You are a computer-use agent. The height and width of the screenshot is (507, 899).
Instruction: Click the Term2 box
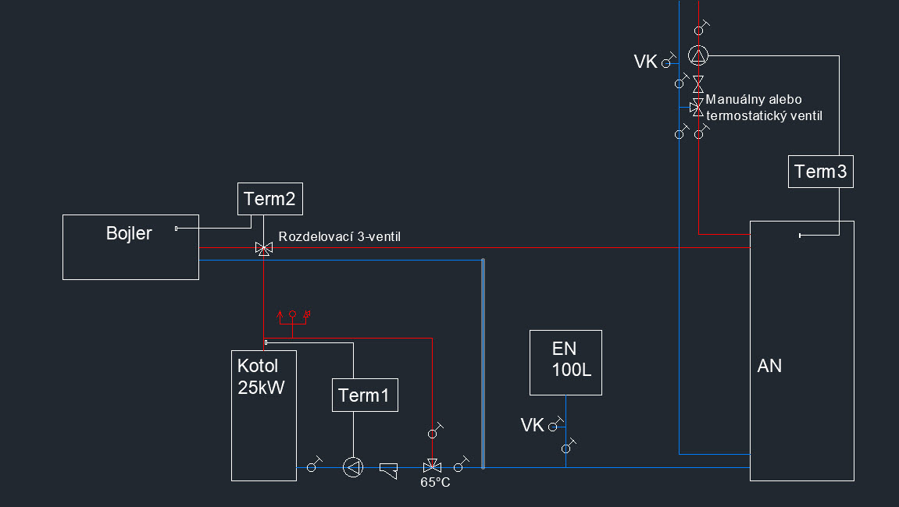(x=269, y=199)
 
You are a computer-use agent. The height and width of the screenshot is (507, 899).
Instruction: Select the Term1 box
(x=365, y=395)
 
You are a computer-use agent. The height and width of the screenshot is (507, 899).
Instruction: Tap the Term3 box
(x=820, y=172)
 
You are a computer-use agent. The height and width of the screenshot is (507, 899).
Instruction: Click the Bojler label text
(x=129, y=232)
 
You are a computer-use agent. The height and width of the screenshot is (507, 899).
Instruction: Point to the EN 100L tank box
(x=565, y=363)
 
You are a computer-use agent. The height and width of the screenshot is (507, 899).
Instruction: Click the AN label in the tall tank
(x=769, y=366)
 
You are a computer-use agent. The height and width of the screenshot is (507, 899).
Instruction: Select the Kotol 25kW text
(x=259, y=376)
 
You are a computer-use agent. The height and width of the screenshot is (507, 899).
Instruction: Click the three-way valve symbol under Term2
(x=264, y=249)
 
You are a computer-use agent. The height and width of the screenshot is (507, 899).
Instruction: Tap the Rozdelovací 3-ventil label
(x=339, y=236)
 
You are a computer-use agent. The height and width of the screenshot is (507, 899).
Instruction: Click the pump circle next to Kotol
(x=353, y=467)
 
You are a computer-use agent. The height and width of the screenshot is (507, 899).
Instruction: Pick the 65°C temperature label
(x=435, y=483)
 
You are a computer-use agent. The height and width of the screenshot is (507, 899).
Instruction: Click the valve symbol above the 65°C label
(x=430, y=466)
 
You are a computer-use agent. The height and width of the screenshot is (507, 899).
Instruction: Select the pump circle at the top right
(x=698, y=55)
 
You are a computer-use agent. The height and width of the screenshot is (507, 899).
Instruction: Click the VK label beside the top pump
(x=646, y=62)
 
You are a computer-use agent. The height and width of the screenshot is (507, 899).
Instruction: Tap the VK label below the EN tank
(x=532, y=425)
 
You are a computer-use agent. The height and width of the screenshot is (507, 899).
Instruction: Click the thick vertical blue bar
(x=483, y=363)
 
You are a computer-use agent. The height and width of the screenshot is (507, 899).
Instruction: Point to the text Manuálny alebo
(x=754, y=100)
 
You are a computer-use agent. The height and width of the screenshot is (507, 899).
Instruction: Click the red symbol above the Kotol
(x=293, y=318)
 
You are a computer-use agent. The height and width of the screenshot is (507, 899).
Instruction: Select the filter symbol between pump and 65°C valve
(x=389, y=469)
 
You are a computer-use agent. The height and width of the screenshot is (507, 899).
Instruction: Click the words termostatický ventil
(x=764, y=115)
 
